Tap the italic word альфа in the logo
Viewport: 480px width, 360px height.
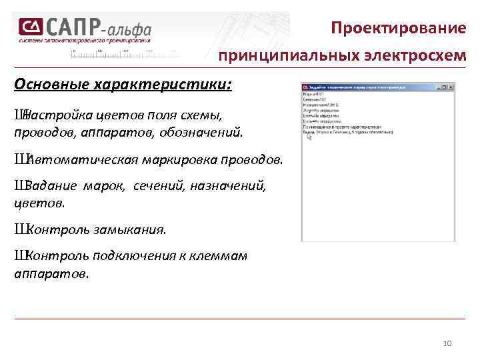pos(129,29)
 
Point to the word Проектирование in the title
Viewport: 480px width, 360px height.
pos(399,29)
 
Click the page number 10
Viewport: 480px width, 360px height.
pos(447,343)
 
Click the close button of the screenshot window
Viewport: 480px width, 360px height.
pos(451,87)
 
